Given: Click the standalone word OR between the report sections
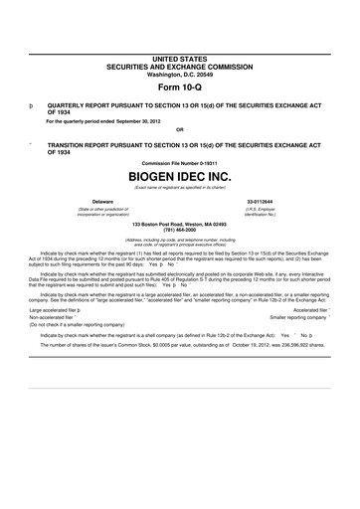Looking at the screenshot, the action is [179, 128].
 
